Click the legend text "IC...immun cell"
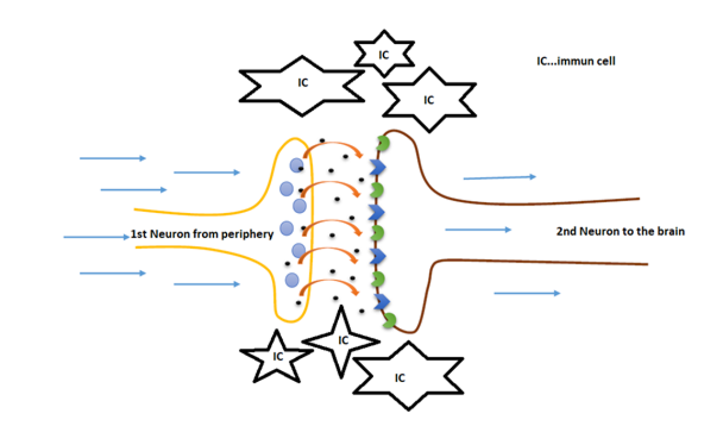pyautogui.click(x=576, y=61)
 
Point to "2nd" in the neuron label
pyautogui.click(x=567, y=231)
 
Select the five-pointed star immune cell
pyautogui.click(x=277, y=357)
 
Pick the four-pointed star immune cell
pyautogui.click(x=341, y=340)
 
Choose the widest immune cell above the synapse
pyautogui.click(x=303, y=85)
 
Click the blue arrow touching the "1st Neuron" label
pyautogui.click(x=97, y=237)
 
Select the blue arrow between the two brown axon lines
pyautogui.click(x=478, y=229)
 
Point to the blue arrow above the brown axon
pyautogui.click(x=499, y=177)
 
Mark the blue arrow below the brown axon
pyautogui.click(x=527, y=293)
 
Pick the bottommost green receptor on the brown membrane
pyautogui.click(x=389, y=320)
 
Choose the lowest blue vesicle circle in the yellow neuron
pyautogui.click(x=291, y=279)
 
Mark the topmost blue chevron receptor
pyautogui.click(x=376, y=166)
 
